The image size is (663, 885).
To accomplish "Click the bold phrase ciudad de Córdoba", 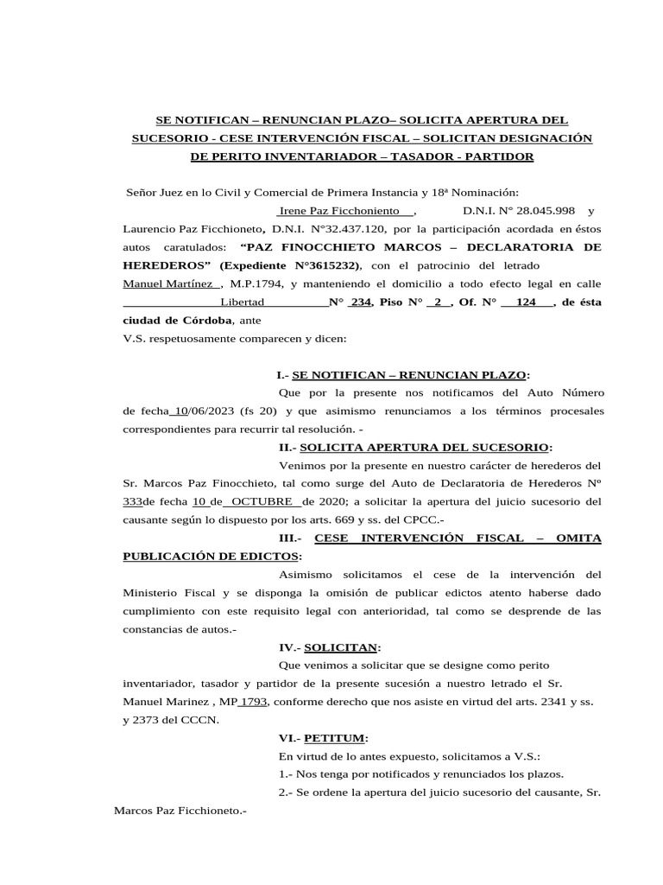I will pos(178,321).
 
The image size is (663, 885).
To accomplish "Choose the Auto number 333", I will pos(134,501).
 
